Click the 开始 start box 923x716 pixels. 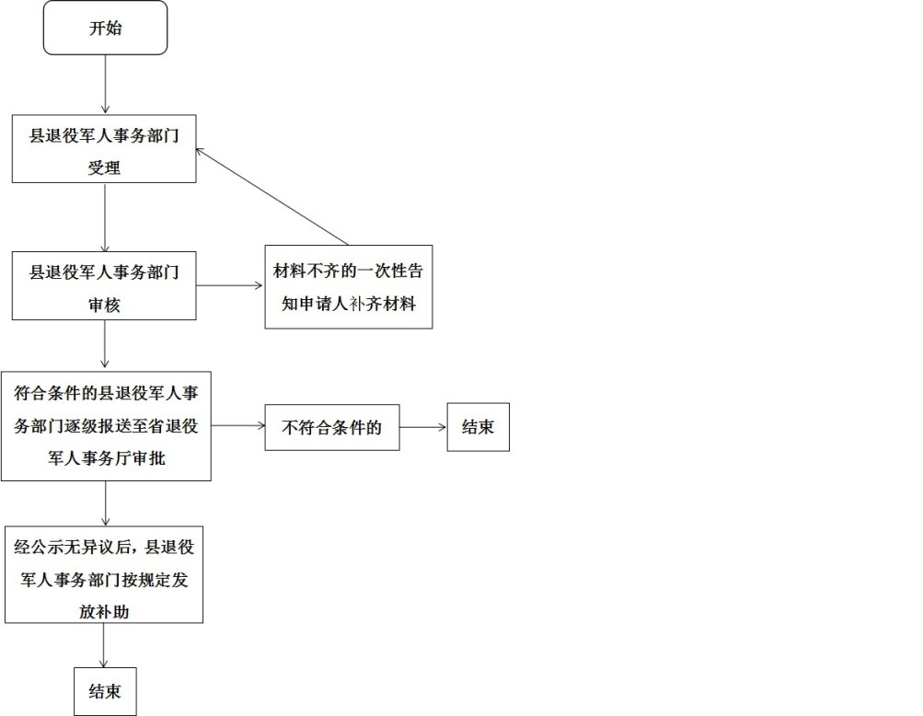click(x=105, y=28)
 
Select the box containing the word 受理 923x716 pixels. click(x=104, y=148)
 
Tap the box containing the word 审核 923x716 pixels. click(x=104, y=284)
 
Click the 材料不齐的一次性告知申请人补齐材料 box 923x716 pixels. click(x=349, y=287)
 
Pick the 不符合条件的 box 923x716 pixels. click(x=332, y=427)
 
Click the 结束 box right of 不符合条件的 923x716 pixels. click(x=478, y=427)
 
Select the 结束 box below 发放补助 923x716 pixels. click(x=105, y=691)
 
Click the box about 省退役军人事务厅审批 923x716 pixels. click(x=106, y=426)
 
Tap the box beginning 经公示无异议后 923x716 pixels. click(x=104, y=574)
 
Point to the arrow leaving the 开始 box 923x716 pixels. click(x=105, y=85)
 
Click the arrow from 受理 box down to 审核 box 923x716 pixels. click(x=105, y=217)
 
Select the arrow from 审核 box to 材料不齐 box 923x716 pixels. click(x=230, y=285)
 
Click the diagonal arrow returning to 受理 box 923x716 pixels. click(x=272, y=197)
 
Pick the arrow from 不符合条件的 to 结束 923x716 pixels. click(x=423, y=427)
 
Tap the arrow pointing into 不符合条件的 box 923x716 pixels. click(x=237, y=426)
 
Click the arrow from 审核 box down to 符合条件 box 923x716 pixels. click(x=105, y=345)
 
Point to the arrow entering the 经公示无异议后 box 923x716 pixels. click(x=105, y=502)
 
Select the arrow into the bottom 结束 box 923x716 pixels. click(x=104, y=645)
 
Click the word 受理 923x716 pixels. click(x=104, y=168)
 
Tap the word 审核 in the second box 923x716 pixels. click(x=104, y=305)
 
